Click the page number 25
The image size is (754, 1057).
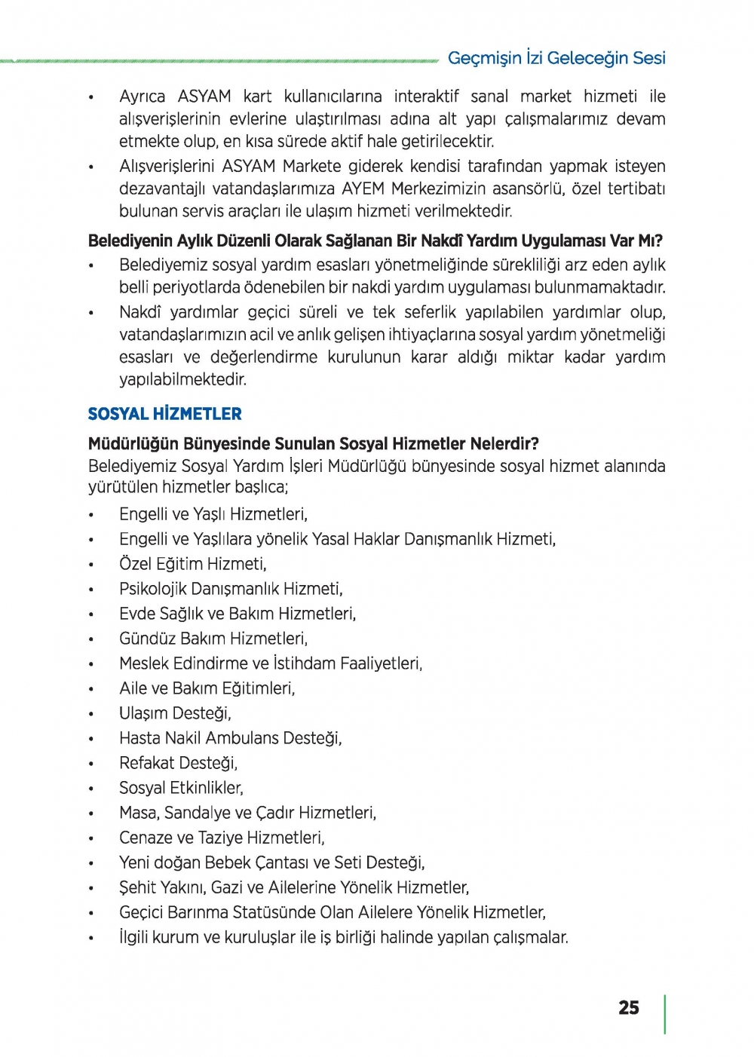tap(628, 1008)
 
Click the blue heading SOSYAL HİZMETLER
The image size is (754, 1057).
tap(164, 414)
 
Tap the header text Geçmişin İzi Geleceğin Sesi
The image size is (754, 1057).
tap(556, 58)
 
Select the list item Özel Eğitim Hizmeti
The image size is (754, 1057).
tap(192, 564)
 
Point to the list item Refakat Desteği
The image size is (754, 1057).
tap(178, 763)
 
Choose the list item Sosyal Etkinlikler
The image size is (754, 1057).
tap(181, 788)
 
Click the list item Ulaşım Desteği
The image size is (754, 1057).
tap(175, 713)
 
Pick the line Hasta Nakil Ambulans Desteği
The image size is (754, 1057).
tap(230, 738)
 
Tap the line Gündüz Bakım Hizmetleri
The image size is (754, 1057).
tap(213, 639)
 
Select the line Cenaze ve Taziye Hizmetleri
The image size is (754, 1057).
tap(222, 838)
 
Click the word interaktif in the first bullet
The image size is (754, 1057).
tap(426, 97)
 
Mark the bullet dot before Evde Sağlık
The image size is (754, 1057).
tap(91, 615)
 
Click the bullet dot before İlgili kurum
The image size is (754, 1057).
tap(91, 939)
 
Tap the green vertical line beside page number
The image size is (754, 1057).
tap(665, 1014)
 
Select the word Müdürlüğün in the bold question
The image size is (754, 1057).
tap(130, 443)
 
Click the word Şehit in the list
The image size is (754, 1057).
tap(137, 887)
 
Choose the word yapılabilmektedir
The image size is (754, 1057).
tap(182, 379)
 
